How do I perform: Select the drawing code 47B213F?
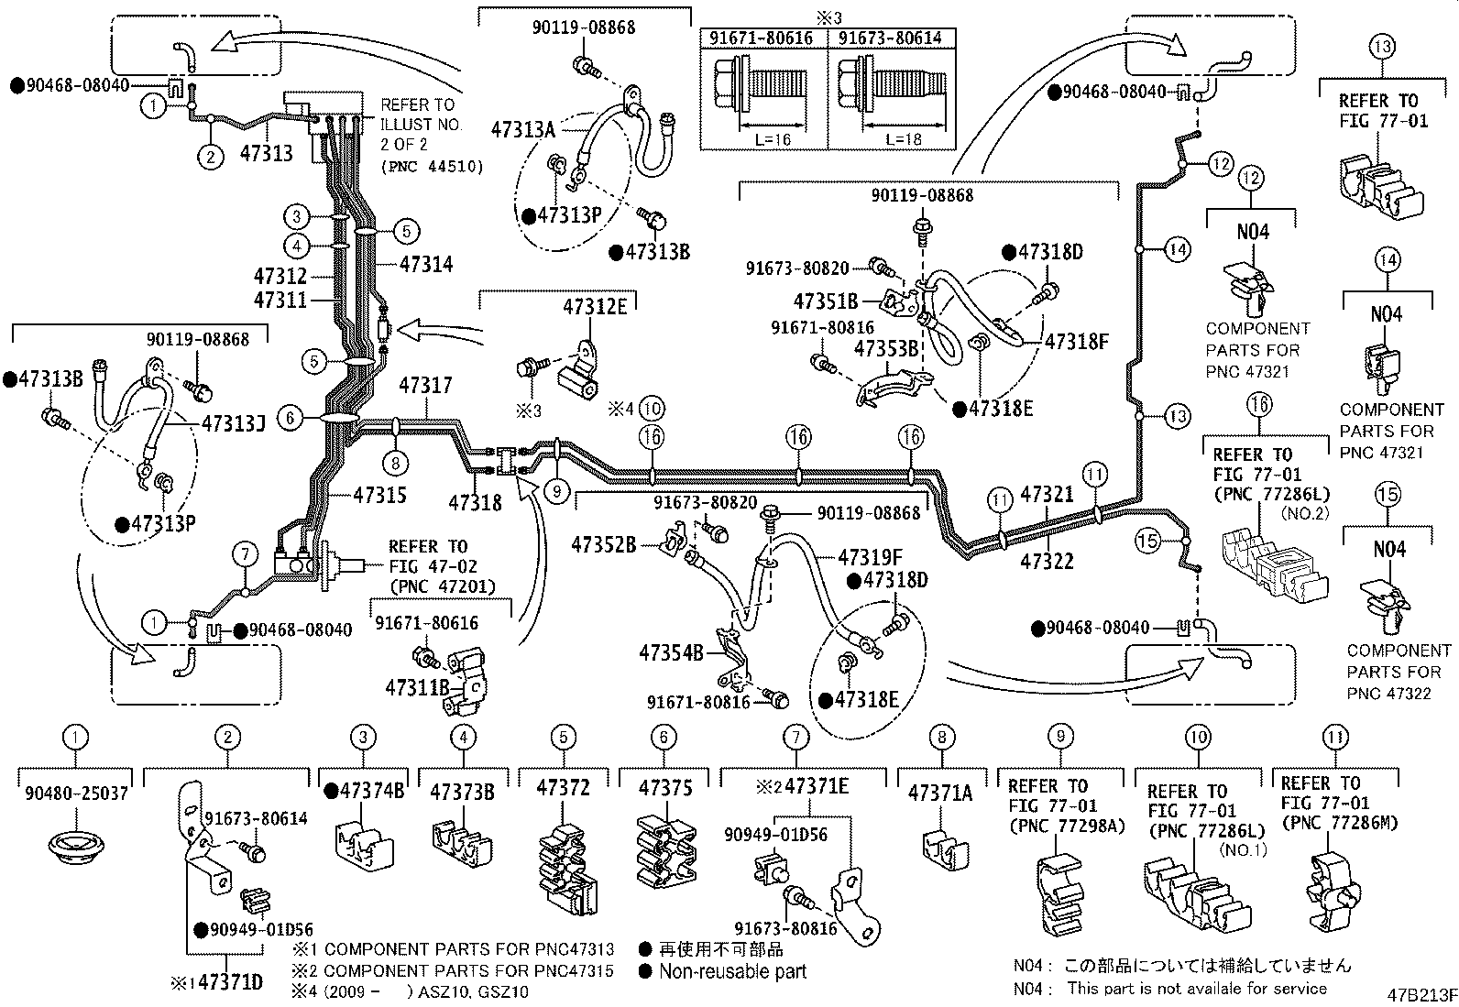pyautogui.click(x=1420, y=993)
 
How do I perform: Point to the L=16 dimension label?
pyautogui.click(x=771, y=139)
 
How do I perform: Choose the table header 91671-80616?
pyautogui.click(x=763, y=38)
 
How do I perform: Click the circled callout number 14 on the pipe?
pyautogui.click(x=1178, y=247)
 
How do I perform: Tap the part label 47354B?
pyautogui.click(x=671, y=652)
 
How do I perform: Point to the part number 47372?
pyautogui.click(x=563, y=788)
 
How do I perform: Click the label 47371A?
pyautogui.click(x=940, y=793)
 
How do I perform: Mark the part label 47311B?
pyautogui.click(x=417, y=686)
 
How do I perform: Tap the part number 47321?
pyautogui.click(x=1047, y=495)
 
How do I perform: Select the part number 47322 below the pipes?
pyautogui.click(x=1047, y=560)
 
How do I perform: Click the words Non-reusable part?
pyautogui.click(x=732, y=971)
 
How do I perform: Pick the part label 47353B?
pyautogui.click(x=886, y=349)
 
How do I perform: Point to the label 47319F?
pyautogui.click(x=871, y=556)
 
